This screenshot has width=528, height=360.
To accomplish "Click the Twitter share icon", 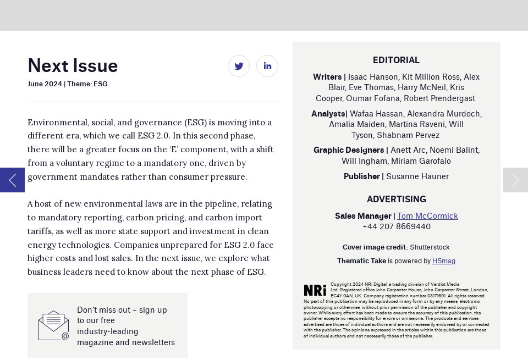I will point(239,66).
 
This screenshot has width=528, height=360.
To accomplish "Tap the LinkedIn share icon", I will point(267,66).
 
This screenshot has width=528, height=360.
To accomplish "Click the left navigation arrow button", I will point(12,180).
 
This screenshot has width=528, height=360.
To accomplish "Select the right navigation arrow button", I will point(515,180).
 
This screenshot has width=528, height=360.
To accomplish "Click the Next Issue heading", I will point(73,65).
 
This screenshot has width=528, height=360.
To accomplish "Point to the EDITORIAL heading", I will point(396,60).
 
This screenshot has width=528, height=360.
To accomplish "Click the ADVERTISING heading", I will point(396,199).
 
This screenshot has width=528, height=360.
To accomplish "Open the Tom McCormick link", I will point(427,216).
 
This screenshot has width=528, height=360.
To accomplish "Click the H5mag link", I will point(443,261).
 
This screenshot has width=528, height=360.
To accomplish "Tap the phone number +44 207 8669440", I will point(396,226).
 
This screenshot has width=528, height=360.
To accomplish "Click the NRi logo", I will point(315,290).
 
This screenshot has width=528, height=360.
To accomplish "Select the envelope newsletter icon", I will point(53,325).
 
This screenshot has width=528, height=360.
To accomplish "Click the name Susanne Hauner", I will point(417,176).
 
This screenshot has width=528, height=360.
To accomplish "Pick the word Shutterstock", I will point(430,247).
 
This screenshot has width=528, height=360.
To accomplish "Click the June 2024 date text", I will point(45,84).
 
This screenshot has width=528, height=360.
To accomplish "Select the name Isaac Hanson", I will point(372,77).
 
